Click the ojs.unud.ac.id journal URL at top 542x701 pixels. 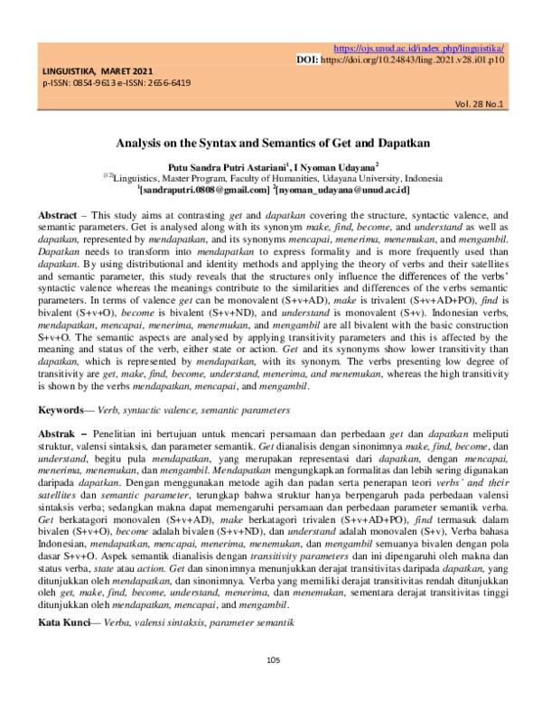point(419,48)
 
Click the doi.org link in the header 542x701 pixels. point(415,59)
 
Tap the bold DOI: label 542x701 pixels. point(307,59)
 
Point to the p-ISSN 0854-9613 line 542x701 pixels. point(69,82)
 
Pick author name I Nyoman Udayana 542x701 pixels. point(336,166)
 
